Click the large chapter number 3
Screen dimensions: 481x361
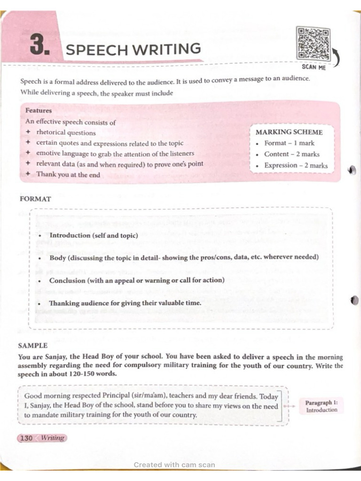39,46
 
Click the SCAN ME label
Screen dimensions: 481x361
314,67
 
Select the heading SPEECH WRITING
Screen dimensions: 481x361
133,49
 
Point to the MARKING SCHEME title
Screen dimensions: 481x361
289,132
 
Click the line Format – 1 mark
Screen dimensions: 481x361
289,143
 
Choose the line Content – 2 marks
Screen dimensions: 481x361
291,154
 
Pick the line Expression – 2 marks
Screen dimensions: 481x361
296,165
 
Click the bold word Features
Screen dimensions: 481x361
39,110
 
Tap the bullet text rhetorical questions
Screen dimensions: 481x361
66,133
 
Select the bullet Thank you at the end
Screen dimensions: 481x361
68,174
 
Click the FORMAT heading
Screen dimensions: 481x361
35,199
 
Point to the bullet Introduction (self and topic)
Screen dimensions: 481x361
94,235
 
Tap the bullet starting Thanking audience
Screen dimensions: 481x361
125,303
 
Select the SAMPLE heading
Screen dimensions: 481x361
33,345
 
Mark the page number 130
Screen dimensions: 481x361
26,438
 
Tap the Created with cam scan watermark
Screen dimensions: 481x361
174,465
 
